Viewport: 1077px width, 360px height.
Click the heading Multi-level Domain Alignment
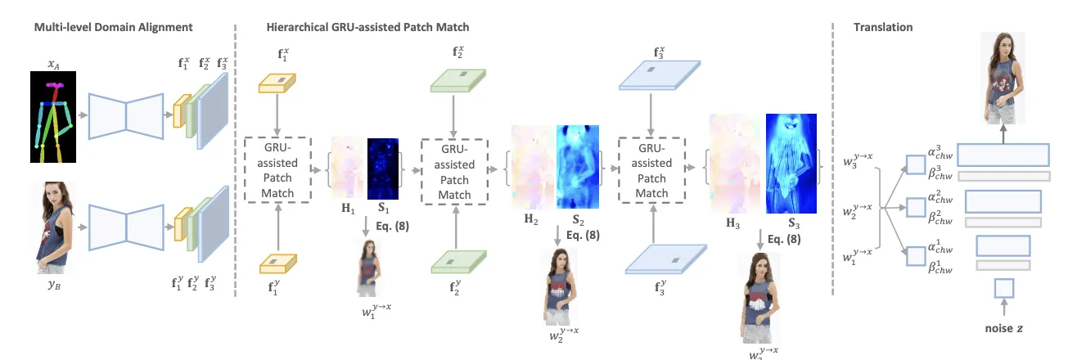coord(113,27)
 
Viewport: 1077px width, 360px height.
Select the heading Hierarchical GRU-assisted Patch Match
coord(367,27)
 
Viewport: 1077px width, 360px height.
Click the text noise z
coord(1003,327)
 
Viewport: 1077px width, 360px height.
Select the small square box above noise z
coord(1003,288)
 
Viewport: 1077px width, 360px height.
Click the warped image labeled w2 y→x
coord(561,286)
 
